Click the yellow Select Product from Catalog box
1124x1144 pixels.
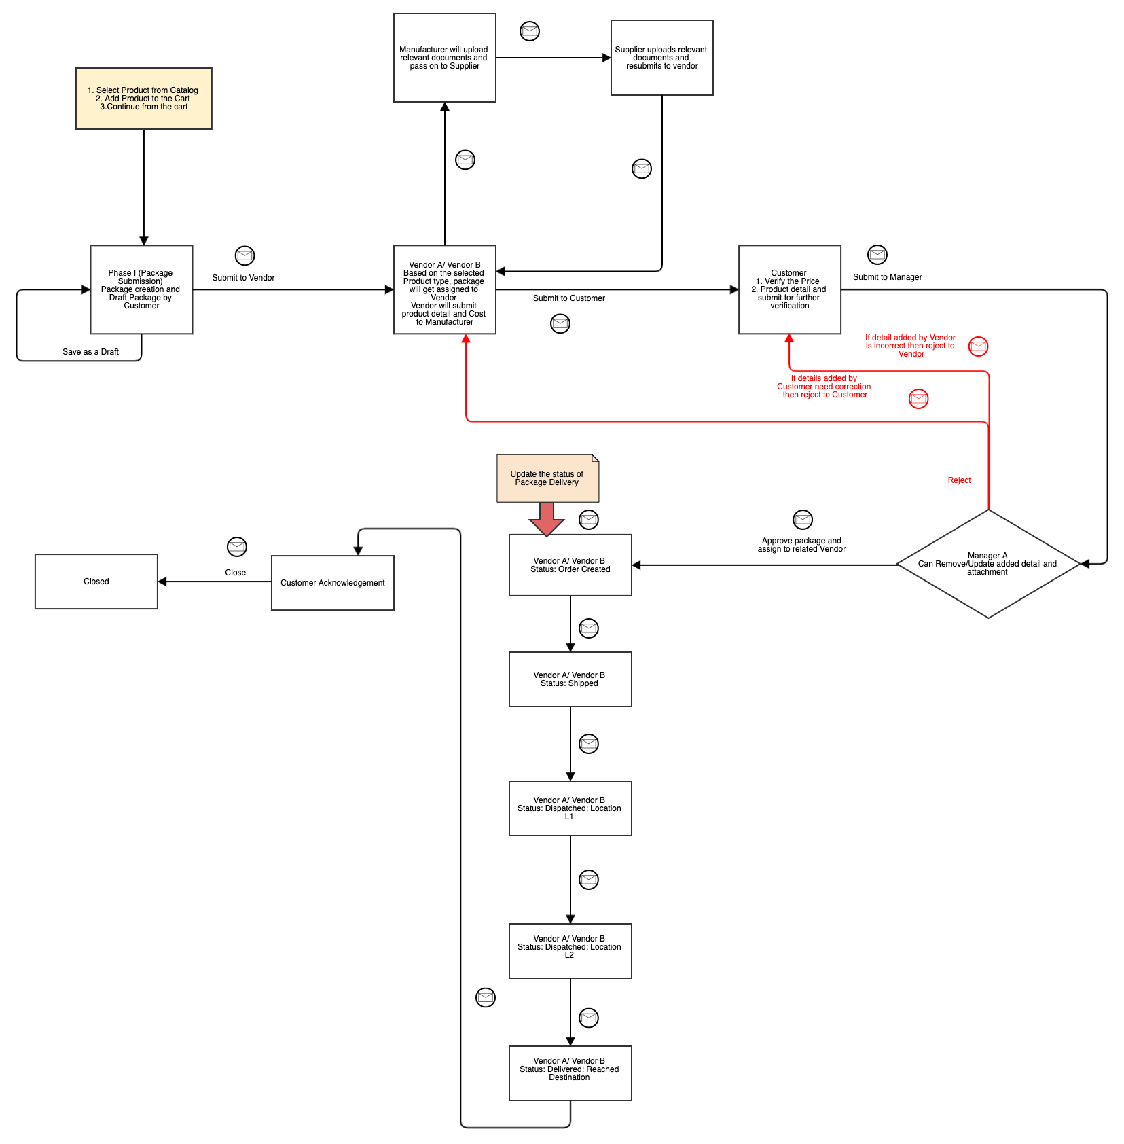click(x=143, y=99)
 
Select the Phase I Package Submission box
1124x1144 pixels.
click(x=141, y=289)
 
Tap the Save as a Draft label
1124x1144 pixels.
click(x=90, y=352)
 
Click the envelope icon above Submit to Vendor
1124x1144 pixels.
click(x=244, y=255)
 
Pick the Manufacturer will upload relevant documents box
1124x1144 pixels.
click(x=444, y=58)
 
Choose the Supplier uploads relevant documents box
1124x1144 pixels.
click(x=661, y=58)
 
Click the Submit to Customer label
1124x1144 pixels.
click(x=568, y=298)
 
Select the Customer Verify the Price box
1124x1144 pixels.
click(x=789, y=289)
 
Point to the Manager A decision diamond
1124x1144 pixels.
click(x=987, y=564)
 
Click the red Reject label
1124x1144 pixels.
click(x=959, y=480)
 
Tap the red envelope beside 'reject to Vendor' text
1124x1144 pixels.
click(x=978, y=346)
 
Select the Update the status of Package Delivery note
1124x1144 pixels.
click(x=547, y=478)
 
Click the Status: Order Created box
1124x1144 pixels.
click(x=570, y=565)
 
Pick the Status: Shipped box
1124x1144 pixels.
click(x=570, y=679)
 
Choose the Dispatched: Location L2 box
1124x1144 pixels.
click(x=570, y=951)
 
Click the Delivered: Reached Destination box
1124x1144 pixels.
click(x=570, y=1073)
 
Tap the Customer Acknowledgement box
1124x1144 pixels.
click(x=332, y=583)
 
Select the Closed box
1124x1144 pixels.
click(x=96, y=582)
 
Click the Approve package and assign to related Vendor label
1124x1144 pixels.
click(x=801, y=545)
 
